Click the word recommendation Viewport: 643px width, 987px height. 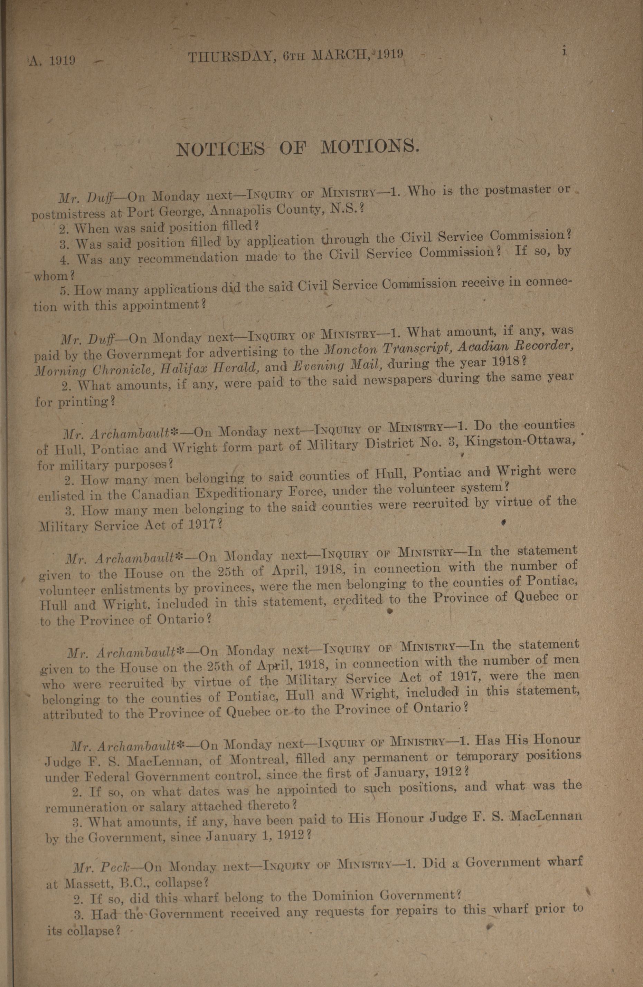pos(188,258)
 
